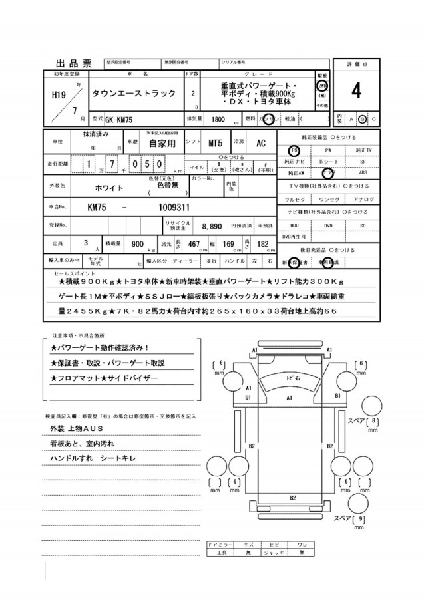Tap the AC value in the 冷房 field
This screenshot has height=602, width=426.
pyautogui.click(x=261, y=142)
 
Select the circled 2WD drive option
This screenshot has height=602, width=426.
pyautogui.click(x=322, y=86)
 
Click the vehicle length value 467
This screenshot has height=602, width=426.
pyautogui.click(x=194, y=244)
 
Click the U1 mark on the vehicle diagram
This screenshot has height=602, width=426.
pyautogui.click(x=248, y=397)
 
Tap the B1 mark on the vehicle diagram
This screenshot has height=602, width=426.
pyautogui.click(x=337, y=395)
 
